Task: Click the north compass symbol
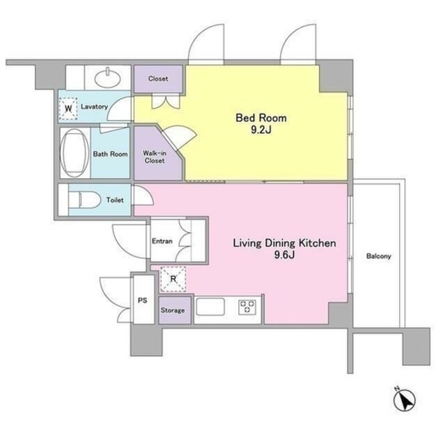point(404,400)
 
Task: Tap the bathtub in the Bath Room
point(75,153)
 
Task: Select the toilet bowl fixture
point(85,199)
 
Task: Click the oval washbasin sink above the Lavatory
point(107,77)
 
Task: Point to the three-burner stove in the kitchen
point(247,307)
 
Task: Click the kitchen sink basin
point(210,307)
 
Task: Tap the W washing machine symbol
point(68,109)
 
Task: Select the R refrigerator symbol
point(173,279)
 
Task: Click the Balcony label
point(378,256)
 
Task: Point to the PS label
point(142,301)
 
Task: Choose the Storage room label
point(172,310)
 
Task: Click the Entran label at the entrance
point(162,241)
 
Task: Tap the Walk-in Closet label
point(155,156)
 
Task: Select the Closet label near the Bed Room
point(158,79)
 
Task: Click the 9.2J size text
point(261,130)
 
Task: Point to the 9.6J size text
point(284,255)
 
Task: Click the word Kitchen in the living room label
point(318,243)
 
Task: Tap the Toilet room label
point(115,200)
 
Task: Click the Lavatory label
point(94,107)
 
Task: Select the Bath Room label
point(110,154)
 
